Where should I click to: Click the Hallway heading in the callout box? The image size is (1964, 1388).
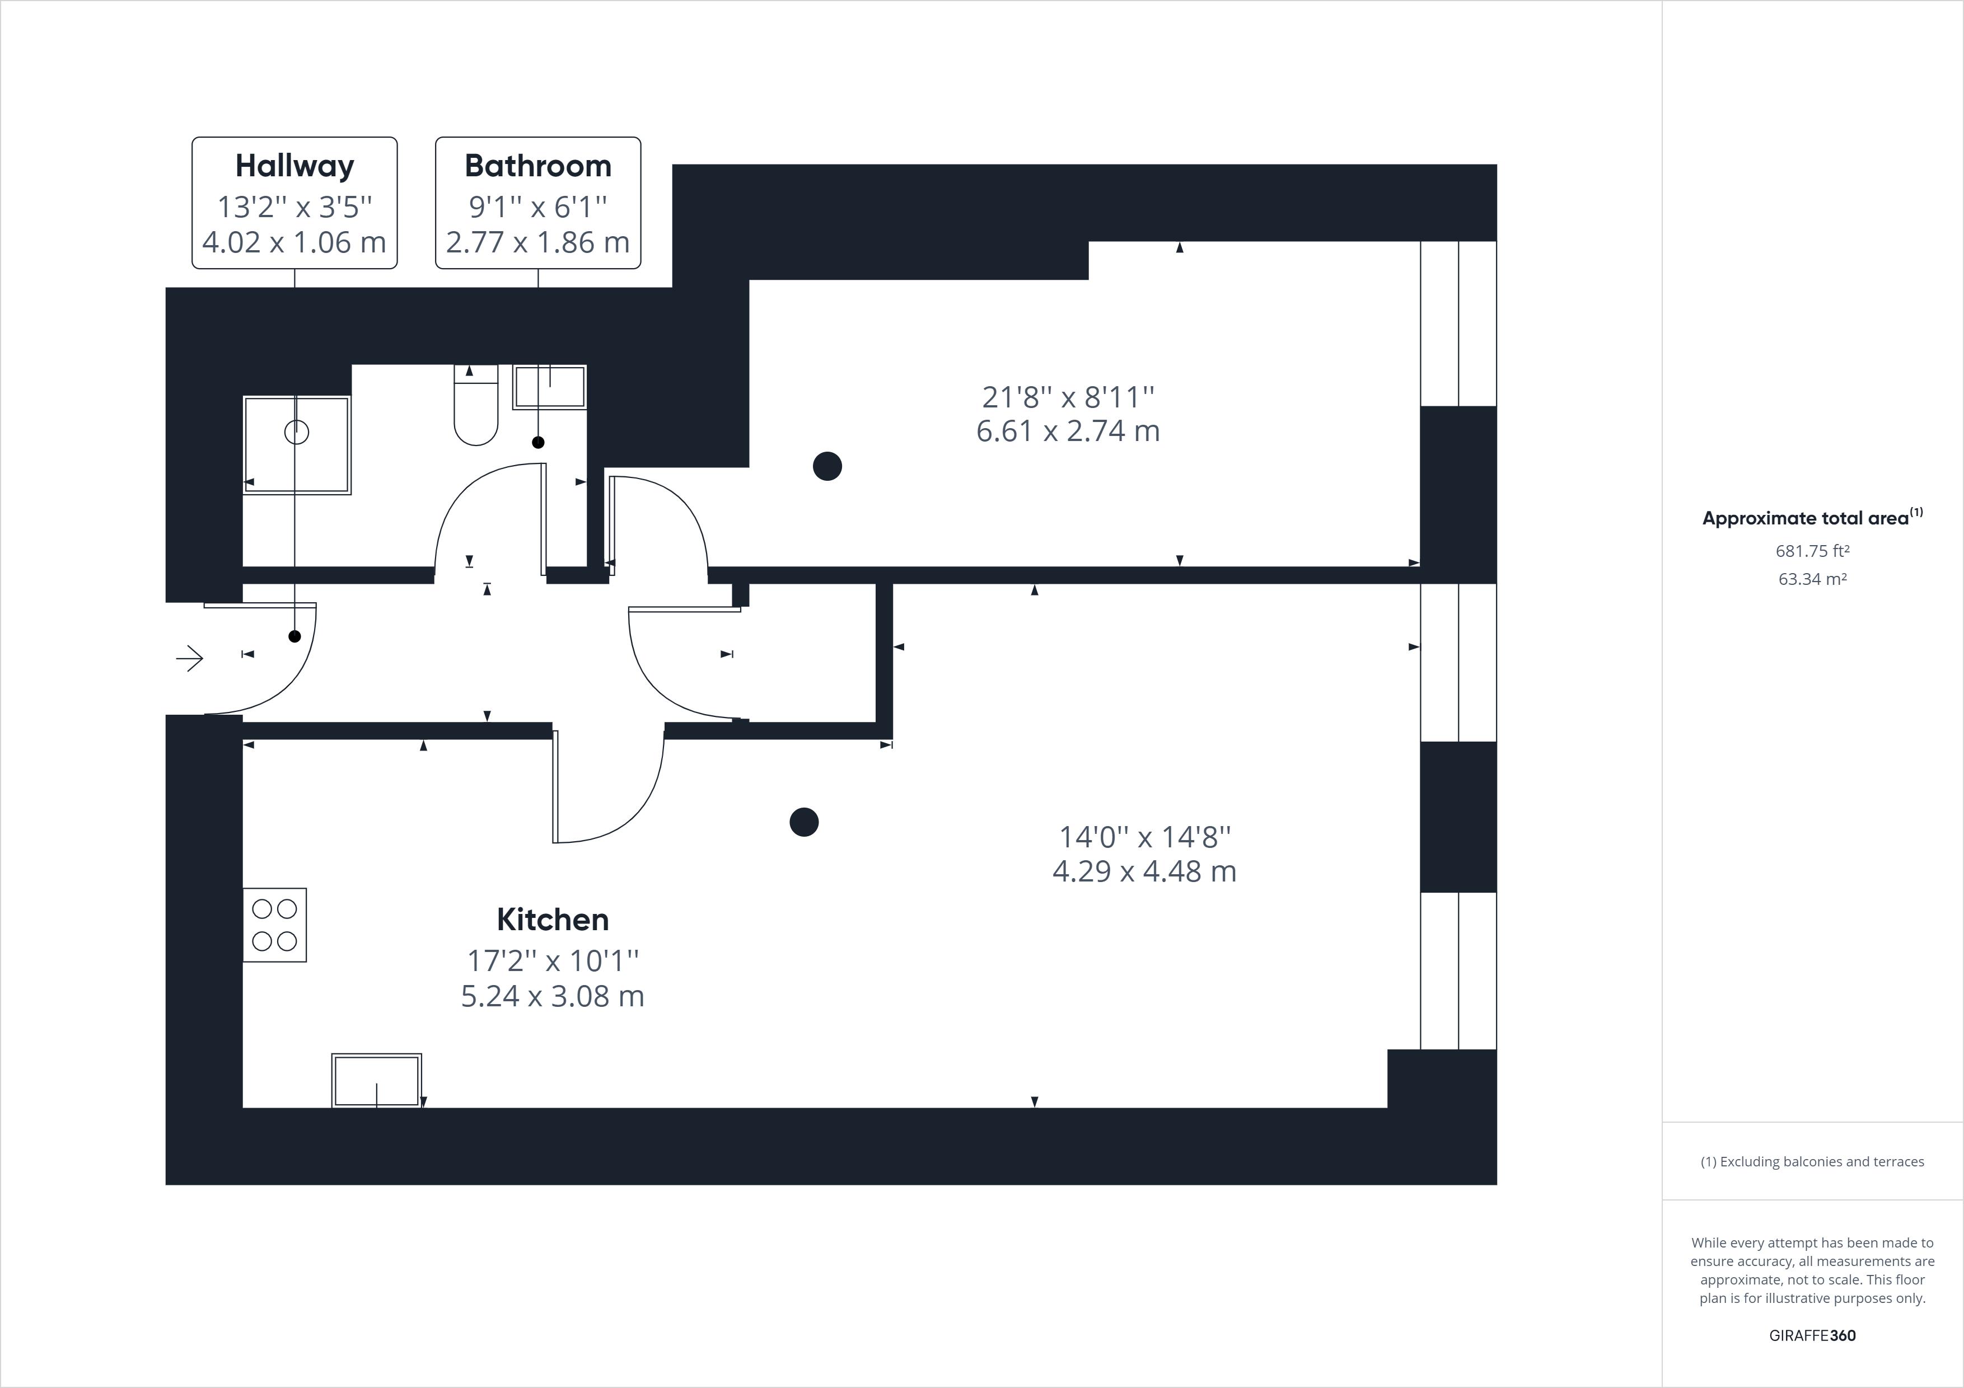(x=294, y=166)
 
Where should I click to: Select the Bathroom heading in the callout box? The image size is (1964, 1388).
(x=538, y=166)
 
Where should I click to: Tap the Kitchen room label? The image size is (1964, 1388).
(x=553, y=920)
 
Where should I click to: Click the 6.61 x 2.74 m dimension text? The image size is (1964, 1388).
(x=1068, y=431)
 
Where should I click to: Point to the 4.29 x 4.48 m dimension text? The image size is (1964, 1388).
(x=1144, y=871)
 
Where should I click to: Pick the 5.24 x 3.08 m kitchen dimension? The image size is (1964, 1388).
(x=553, y=996)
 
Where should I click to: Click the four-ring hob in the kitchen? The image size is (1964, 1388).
(x=274, y=925)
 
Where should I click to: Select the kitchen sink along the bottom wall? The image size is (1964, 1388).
(x=376, y=1080)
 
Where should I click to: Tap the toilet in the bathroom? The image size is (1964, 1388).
(x=475, y=406)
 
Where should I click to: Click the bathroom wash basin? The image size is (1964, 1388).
(x=549, y=387)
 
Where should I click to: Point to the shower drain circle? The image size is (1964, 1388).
(x=297, y=433)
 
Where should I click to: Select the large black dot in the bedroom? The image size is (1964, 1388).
(x=827, y=466)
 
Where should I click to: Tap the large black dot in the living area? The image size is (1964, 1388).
(x=804, y=822)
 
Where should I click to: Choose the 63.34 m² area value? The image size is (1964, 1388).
(x=1813, y=579)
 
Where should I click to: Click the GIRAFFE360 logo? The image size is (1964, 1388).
(x=1813, y=1335)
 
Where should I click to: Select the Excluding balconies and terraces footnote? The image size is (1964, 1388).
(x=1813, y=1161)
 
